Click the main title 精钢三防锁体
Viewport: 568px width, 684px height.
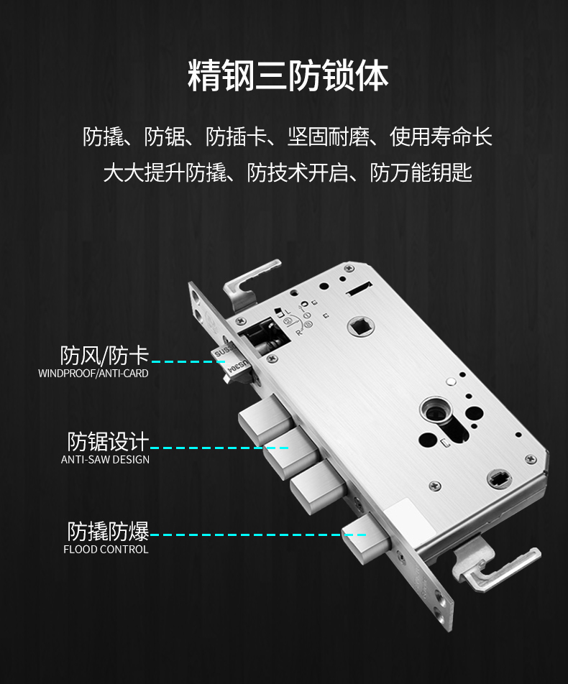tap(288, 76)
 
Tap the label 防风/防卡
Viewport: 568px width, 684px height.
tap(104, 355)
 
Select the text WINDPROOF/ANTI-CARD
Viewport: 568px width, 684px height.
tap(93, 374)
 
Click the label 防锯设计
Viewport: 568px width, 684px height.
tap(108, 441)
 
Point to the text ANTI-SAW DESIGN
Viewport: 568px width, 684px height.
tap(105, 459)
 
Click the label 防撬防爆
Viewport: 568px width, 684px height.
tap(108, 532)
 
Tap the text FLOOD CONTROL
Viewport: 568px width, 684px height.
tap(106, 549)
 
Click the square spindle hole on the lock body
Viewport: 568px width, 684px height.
tap(362, 326)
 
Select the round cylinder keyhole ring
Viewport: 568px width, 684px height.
tap(435, 412)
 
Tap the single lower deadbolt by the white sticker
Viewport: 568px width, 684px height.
tap(365, 539)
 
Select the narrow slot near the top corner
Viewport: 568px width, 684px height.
tap(359, 288)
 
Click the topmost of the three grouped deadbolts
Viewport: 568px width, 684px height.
tap(265, 419)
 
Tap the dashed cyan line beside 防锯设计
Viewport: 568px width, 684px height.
tap(219, 448)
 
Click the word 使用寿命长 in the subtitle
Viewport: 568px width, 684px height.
tap(441, 137)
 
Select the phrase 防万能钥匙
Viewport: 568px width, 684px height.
tap(421, 172)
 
